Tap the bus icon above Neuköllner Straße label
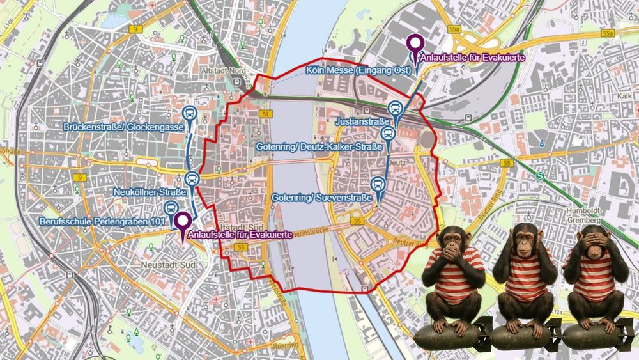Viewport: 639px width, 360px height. click(192, 178)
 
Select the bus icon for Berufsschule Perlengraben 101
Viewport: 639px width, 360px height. click(171, 208)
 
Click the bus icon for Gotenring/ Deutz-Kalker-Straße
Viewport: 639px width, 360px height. click(387, 134)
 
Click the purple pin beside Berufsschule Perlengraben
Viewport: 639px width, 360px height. click(183, 222)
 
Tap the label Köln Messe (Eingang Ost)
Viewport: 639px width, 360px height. click(357, 69)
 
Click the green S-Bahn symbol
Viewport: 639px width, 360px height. click(541, 176)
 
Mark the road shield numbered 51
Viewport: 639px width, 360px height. click(265, 114)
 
